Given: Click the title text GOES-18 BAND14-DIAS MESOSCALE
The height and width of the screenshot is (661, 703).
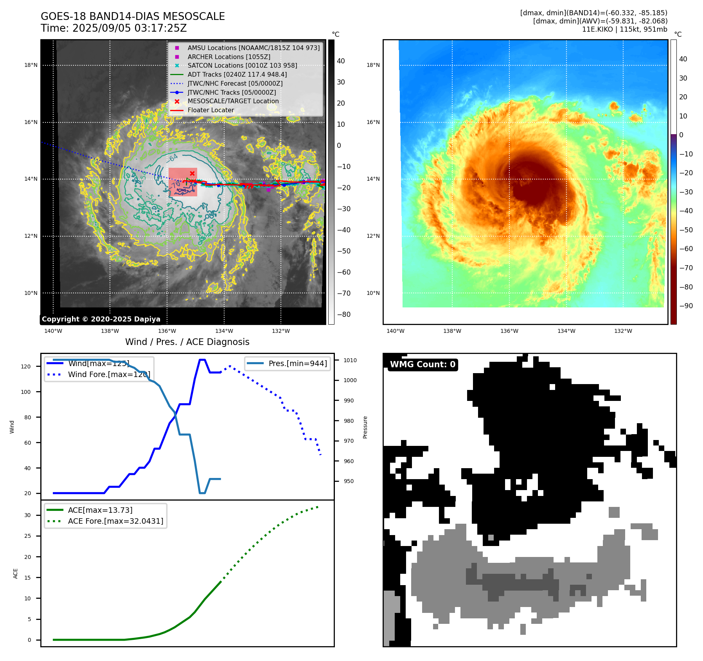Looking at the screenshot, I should click(133, 16).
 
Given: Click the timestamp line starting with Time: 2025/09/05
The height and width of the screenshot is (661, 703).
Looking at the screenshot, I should click(113, 28).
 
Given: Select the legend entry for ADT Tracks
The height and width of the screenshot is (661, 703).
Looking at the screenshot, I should click(237, 74).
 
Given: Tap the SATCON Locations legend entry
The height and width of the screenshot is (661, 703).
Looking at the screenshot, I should click(242, 65).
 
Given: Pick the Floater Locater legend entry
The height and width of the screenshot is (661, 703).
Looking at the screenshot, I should click(210, 110).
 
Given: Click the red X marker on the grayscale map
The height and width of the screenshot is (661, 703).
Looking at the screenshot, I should click(192, 173).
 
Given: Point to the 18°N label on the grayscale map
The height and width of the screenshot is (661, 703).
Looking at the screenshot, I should click(31, 65).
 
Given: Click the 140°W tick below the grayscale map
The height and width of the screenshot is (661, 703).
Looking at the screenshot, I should click(53, 331).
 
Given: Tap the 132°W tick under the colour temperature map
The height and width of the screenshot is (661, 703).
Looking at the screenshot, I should click(623, 331).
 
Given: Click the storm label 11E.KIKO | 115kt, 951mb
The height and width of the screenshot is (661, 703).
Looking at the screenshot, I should click(624, 29).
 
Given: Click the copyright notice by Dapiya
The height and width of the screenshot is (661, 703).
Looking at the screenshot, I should click(101, 319).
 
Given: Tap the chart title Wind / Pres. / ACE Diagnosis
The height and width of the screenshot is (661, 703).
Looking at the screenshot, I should click(187, 342).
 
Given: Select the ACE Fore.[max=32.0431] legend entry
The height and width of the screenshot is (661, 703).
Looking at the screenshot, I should click(115, 521).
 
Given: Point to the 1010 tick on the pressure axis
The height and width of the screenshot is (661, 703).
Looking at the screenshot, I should click(350, 360).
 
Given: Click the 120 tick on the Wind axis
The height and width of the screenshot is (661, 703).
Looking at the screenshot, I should click(26, 366).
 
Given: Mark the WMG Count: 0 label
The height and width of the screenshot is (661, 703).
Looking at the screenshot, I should click(423, 365).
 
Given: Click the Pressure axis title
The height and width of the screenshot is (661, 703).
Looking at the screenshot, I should click(365, 427).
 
